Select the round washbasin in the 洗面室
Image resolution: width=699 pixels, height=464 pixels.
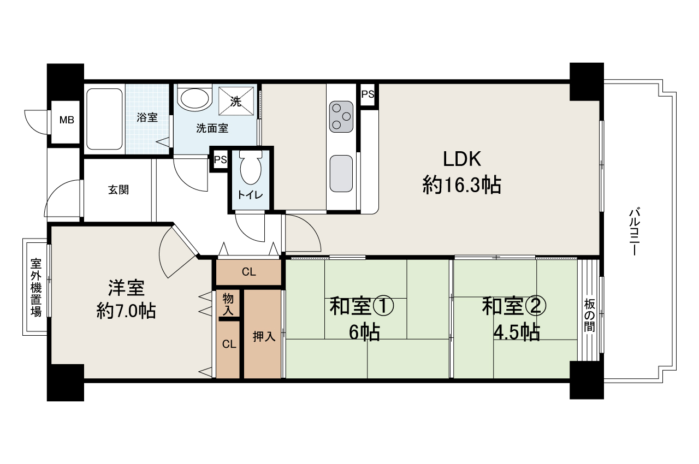click(195, 98)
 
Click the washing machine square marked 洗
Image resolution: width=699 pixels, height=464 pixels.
click(237, 101)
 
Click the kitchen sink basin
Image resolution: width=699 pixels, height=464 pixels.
click(341, 173)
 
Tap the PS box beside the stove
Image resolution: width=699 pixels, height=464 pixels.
click(368, 94)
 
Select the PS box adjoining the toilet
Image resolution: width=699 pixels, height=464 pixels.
click(220, 160)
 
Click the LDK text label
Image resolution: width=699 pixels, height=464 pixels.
click(461, 159)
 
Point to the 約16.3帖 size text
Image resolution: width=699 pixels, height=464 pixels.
click(461, 186)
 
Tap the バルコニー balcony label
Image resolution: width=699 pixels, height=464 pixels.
click(634, 232)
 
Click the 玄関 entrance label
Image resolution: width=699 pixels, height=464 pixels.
click(118, 190)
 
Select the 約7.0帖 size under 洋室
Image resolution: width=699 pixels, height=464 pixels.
click(126, 311)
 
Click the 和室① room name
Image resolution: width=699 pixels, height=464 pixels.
click(361, 307)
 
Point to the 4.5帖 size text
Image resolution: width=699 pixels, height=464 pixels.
click(517, 332)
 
